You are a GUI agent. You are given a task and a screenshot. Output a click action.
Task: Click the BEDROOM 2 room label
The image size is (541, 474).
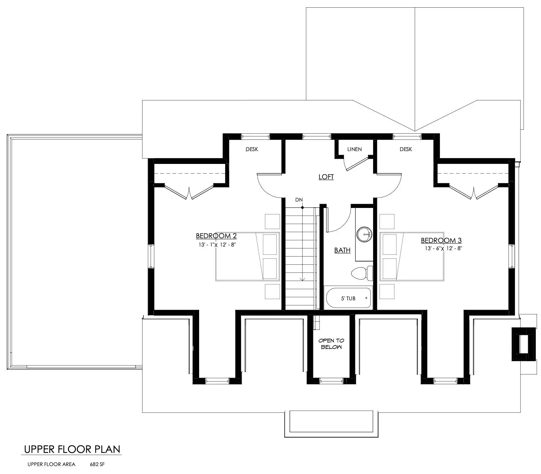point(216,236)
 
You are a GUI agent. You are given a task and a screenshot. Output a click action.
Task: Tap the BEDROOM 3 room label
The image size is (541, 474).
point(441,240)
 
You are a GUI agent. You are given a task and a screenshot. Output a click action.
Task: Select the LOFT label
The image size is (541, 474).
point(326,177)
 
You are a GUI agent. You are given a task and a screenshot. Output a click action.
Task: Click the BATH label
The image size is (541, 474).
point(342,250)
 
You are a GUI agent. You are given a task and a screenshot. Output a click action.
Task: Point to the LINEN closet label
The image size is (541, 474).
point(354,149)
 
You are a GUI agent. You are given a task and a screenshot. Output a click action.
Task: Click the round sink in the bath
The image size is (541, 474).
point(364,235)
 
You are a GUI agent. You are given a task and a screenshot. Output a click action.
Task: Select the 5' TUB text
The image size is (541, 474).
point(348,298)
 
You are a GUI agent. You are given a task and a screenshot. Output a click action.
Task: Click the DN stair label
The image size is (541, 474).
point(299,200)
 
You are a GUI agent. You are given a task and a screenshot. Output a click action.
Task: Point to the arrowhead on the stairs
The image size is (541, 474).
point(302,279)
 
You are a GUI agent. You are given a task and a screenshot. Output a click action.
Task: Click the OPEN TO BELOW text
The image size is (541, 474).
point(331,344)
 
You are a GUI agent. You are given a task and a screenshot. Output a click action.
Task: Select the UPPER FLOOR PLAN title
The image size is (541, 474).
point(72,449)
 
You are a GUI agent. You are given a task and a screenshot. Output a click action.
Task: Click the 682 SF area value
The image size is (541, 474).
point(97,464)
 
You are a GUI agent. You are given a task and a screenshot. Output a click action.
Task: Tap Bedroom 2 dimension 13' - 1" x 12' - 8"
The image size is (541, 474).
point(217,245)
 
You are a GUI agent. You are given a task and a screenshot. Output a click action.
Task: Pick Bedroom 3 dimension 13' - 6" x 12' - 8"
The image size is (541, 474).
point(443,248)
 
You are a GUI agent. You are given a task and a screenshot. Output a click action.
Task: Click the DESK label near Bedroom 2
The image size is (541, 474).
point(252,149)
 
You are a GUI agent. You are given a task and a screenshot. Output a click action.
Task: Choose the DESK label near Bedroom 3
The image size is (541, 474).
point(406,149)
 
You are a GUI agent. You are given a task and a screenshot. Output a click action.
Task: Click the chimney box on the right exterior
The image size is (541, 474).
point(524,344)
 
